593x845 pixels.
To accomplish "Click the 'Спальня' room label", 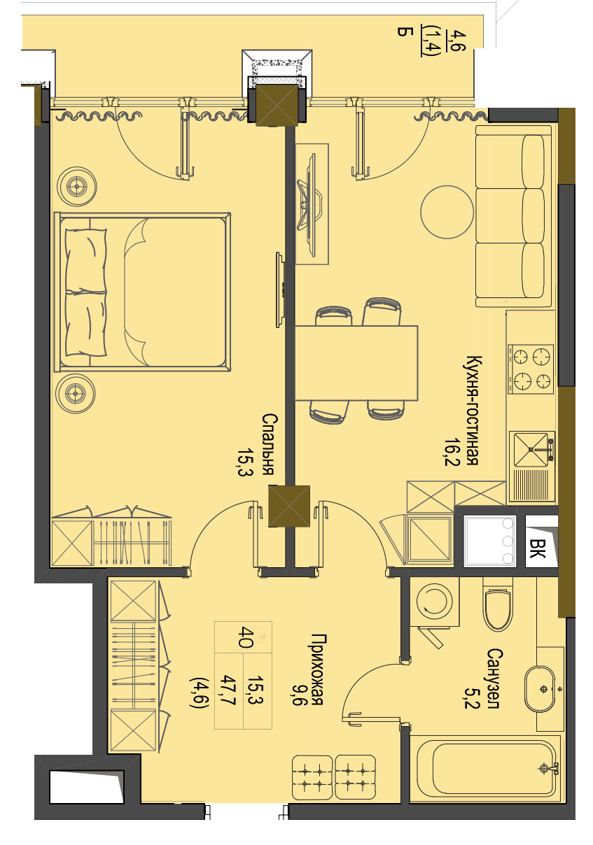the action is coord(270,444).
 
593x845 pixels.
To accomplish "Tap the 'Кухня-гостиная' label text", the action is coord(473,410).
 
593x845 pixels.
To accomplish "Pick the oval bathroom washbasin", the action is coord(539,690).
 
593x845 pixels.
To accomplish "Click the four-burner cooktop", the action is coord(531,369).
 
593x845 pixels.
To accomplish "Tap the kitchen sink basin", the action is coord(531,450).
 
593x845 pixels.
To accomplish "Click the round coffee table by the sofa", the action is coord(447,212).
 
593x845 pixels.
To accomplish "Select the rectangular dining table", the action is coord(356,363).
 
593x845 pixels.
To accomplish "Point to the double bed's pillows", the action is coord(85,292).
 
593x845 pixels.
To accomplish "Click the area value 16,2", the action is coord(452,452).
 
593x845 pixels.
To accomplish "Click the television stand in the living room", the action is coord(312,204).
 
